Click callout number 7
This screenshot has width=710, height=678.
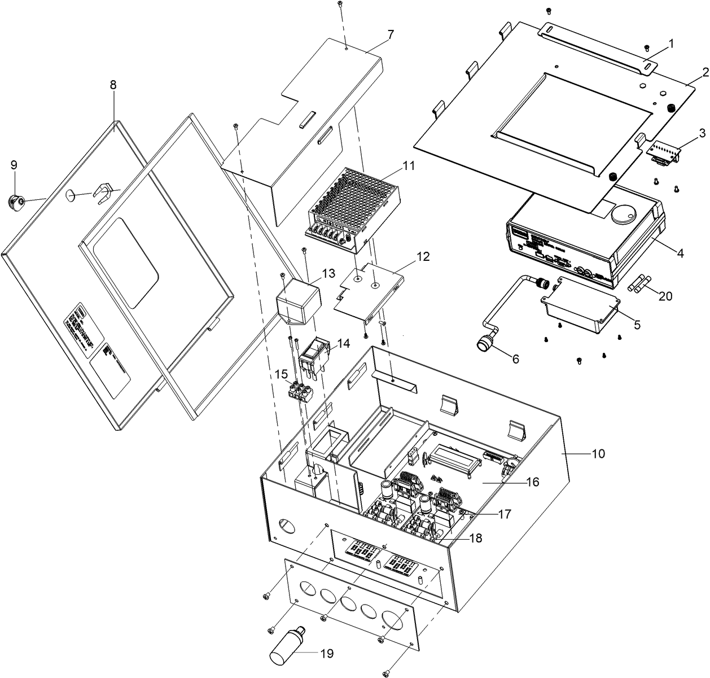pyautogui.click(x=391, y=34)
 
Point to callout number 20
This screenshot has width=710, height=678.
pyautogui.click(x=665, y=296)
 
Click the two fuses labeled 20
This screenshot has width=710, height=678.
pyautogui.click(x=638, y=283)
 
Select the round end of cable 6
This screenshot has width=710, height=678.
pyautogui.click(x=484, y=344)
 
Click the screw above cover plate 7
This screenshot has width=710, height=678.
pyautogui.click(x=340, y=5)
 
